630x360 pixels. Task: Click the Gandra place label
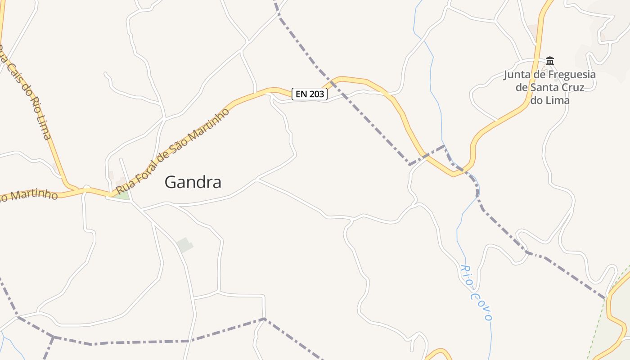click(x=193, y=182)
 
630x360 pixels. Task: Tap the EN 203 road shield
click(x=310, y=94)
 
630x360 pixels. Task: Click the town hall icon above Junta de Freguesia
click(x=549, y=61)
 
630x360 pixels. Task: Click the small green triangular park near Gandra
click(x=121, y=195)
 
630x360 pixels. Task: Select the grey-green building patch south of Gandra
click(x=184, y=245)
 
